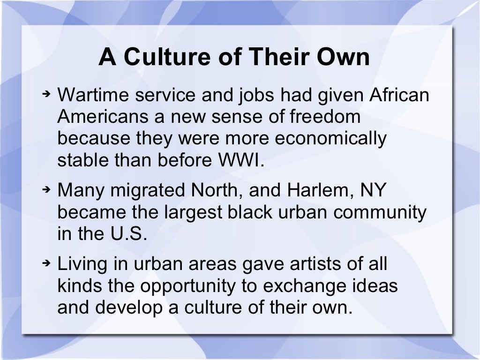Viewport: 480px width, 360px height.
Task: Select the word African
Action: (x=399, y=95)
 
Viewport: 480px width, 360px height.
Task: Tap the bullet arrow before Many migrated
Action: (x=46, y=190)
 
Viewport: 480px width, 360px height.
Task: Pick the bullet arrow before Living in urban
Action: (x=46, y=263)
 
